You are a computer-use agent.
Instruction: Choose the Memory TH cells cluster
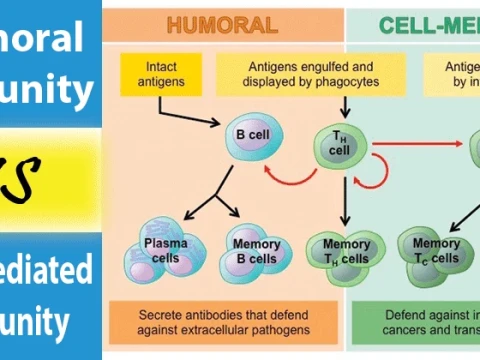pyautogui.click(x=339, y=250)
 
